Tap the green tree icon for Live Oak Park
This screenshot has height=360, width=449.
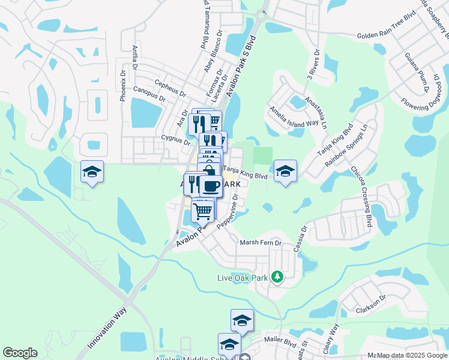[x=277, y=277]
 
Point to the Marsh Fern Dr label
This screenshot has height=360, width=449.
[x=261, y=242]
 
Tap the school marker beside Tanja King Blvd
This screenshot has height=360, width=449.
[x=285, y=170]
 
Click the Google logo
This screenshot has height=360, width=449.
[x=20, y=353]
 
